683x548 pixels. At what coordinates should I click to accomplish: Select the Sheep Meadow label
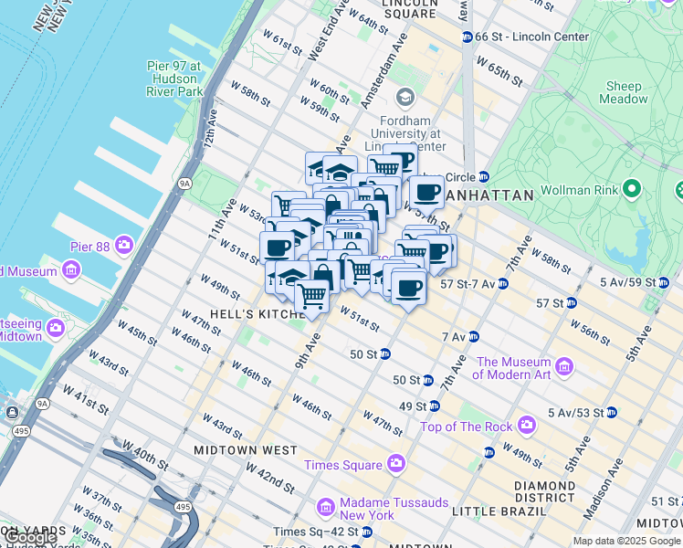[x=624, y=92]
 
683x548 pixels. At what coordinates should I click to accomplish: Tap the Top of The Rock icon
[x=526, y=426]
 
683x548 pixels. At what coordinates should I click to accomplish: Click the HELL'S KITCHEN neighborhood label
[x=257, y=313]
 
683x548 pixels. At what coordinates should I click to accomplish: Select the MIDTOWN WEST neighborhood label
[x=245, y=450]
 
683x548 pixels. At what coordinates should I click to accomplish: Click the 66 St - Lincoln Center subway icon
[x=467, y=37]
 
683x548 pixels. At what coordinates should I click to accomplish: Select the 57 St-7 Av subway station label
[x=468, y=284]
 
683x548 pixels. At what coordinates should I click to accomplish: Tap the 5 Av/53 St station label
[x=575, y=413]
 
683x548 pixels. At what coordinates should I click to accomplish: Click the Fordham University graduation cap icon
[x=405, y=97]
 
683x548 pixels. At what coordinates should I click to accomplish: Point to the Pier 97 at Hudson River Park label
[x=174, y=79]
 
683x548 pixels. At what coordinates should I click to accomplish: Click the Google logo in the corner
[x=29, y=538]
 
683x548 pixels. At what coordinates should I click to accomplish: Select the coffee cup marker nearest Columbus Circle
[x=426, y=194]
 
